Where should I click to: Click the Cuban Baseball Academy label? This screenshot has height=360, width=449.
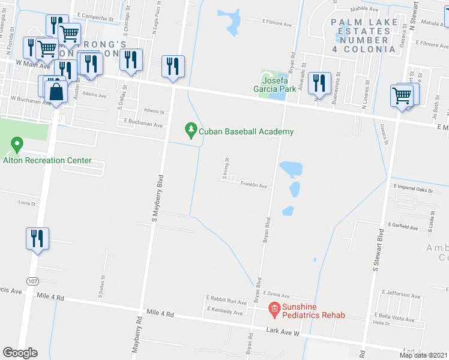click(x=246, y=131)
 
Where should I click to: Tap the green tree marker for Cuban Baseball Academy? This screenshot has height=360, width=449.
click(x=191, y=130)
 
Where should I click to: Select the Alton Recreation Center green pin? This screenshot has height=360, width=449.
click(x=17, y=145)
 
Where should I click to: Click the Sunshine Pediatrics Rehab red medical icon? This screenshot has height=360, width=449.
click(x=274, y=308)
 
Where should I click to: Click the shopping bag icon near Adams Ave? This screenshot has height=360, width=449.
click(x=56, y=92)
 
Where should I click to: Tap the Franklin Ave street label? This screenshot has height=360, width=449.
click(x=253, y=186)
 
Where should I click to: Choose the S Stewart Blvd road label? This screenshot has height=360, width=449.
click(x=376, y=249)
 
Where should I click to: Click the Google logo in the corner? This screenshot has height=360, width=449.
click(x=20, y=353)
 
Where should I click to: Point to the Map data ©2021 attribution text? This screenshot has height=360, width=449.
click(x=423, y=355)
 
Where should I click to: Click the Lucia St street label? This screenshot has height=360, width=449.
click(x=26, y=203)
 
